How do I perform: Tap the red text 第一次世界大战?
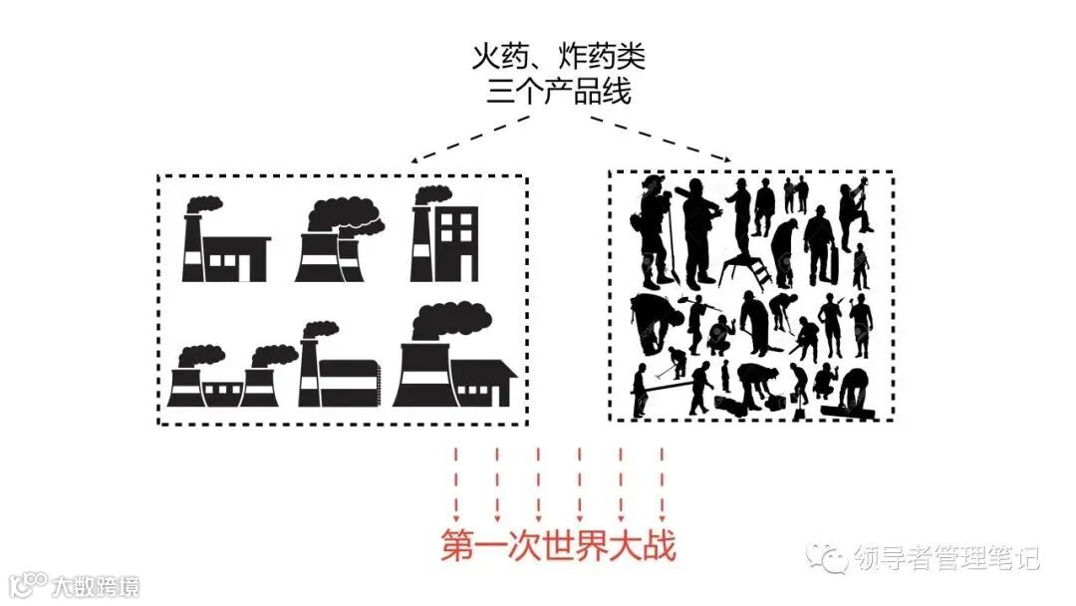point(558,547)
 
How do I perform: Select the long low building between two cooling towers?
point(222,390)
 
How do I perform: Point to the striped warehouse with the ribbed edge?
point(349,382)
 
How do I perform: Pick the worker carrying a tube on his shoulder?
point(697,229)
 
